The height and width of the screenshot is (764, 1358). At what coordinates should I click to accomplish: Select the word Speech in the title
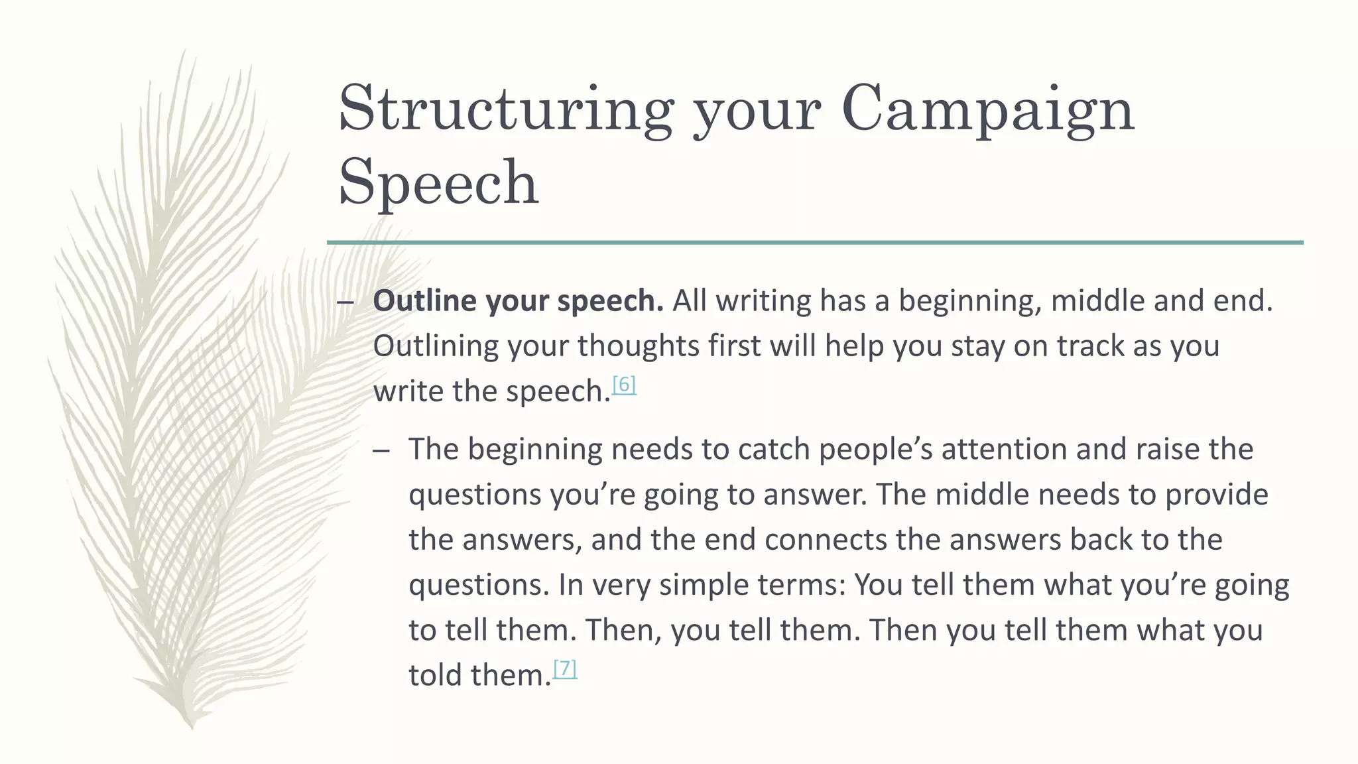pyautogui.click(x=438, y=182)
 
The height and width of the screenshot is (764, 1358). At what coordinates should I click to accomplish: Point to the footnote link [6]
pyautogui.click(x=624, y=385)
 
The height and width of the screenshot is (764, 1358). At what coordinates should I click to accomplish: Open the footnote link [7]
pyautogui.click(x=565, y=668)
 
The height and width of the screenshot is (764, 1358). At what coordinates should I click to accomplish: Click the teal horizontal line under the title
pyautogui.click(x=815, y=243)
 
